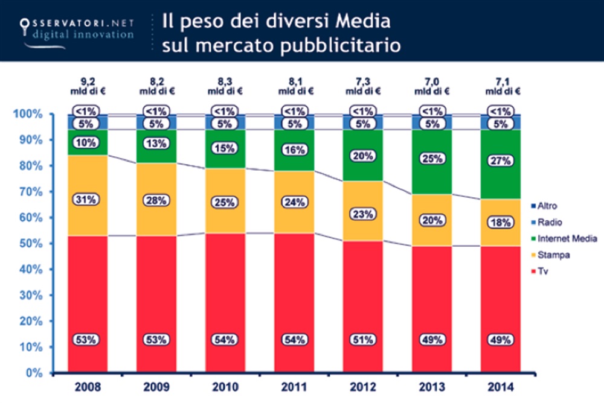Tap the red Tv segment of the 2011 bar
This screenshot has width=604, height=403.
click(x=294, y=290)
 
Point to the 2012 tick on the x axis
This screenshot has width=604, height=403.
click(x=363, y=386)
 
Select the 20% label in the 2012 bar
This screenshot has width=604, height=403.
click(x=363, y=155)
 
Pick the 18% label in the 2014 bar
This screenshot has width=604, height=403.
click(x=501, y=223)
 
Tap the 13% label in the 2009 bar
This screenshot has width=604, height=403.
click(x=156, y=144)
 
